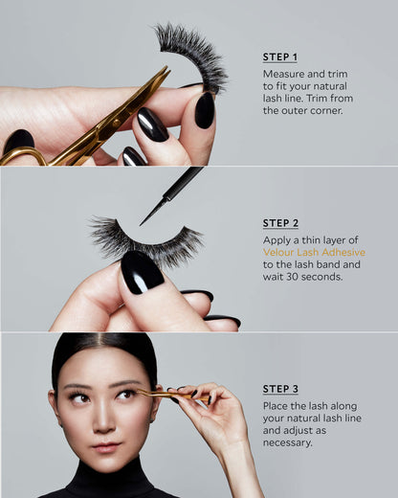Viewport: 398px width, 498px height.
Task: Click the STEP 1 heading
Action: click(280, 57)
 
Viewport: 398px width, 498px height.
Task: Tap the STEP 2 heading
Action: click(280, 223)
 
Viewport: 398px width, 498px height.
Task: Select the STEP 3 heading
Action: click(280, 389)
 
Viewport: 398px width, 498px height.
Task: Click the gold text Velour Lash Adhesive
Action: click(314, 252)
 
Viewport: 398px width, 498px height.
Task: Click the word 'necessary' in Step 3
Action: click(287, 442)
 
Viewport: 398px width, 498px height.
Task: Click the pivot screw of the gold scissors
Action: click(117, 123)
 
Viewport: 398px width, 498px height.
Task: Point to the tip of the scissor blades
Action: click(166, 67)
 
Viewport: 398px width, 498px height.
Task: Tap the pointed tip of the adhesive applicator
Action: click(141, 225)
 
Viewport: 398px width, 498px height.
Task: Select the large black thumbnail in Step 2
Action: click(142, 272)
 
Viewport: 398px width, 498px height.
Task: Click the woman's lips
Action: click(106, 447)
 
